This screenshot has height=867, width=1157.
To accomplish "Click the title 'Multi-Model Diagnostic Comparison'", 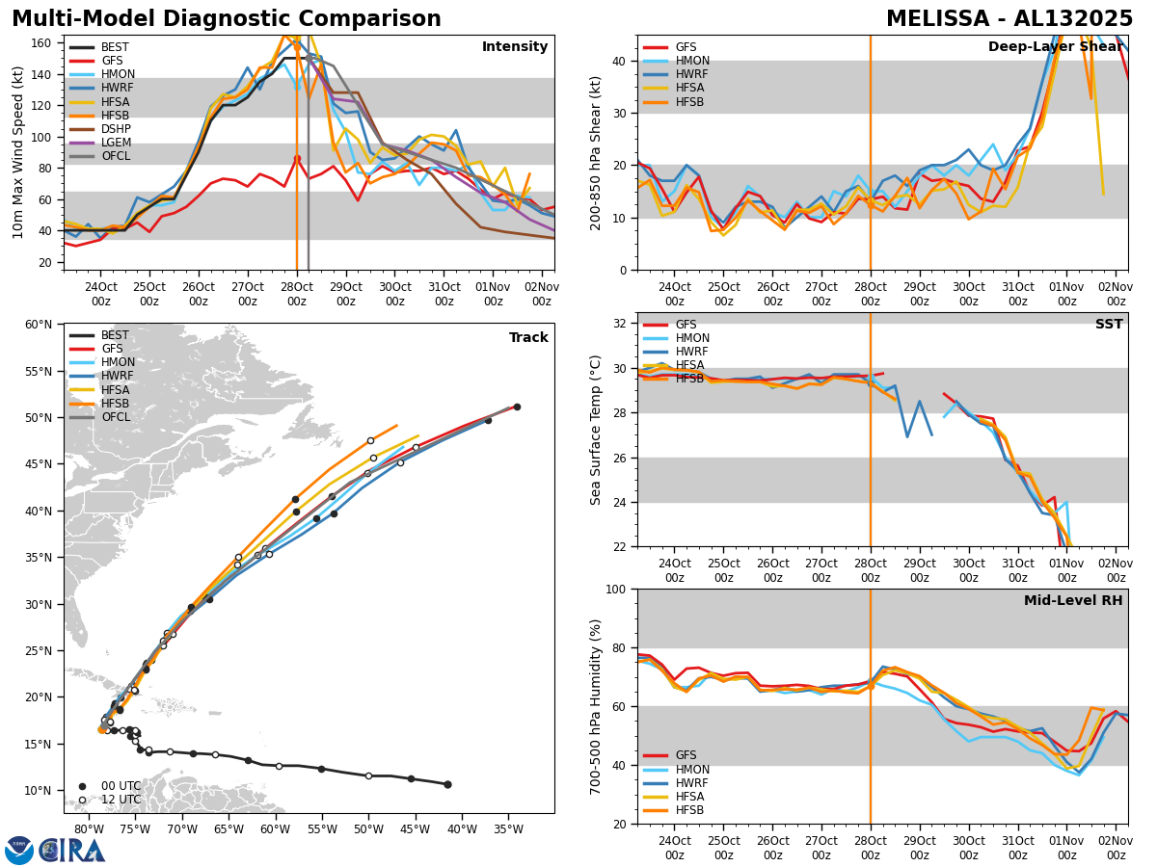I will (x=227, y=19).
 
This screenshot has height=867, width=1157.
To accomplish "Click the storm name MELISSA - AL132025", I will (x=1009, y=19).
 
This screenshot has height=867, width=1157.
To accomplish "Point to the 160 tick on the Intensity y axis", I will (x=45, y=43).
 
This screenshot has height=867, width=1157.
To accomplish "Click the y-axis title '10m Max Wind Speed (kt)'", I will (x=18, y=152).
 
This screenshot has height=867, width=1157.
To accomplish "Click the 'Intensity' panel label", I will (x=515, y=47).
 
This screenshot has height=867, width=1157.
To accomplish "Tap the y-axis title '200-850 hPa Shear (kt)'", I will (x=596, y=152).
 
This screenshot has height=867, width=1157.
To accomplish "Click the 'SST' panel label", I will (x=1109, y=325).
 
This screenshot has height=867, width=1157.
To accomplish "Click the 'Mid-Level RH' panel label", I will (x=1073, y=601).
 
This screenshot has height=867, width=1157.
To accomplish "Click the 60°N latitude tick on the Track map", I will (x=40, y=325).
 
